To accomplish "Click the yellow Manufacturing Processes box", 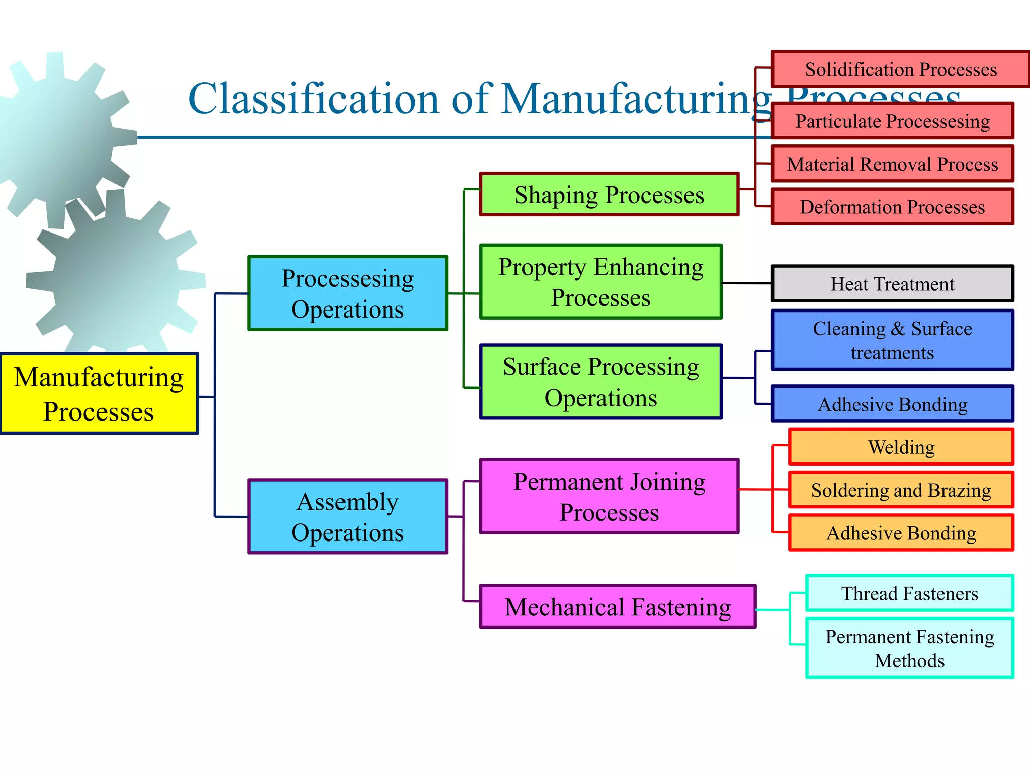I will point(99,394).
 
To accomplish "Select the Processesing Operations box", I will point(348,293).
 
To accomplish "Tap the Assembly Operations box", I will point(348,516).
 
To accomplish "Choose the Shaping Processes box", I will point(609,194).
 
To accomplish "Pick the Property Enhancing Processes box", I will point(601,282).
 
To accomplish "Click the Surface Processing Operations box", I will point(601,381).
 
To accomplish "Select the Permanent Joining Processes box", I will point(609,496).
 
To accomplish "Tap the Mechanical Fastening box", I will point(618,606).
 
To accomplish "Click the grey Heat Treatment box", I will point(892,284).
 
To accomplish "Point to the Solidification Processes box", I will point(900,69).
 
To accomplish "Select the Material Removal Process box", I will point(892,164).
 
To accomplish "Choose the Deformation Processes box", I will point(892,207).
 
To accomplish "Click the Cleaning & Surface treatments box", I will point(892,340).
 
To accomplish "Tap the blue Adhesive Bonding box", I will point(892,404).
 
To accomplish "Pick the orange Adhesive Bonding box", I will point(901,533).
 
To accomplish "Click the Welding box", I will point(901,447).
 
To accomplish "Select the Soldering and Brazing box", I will point(901,490).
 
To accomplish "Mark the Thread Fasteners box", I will point(909,593).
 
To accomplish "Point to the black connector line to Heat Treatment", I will point(747,283).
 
